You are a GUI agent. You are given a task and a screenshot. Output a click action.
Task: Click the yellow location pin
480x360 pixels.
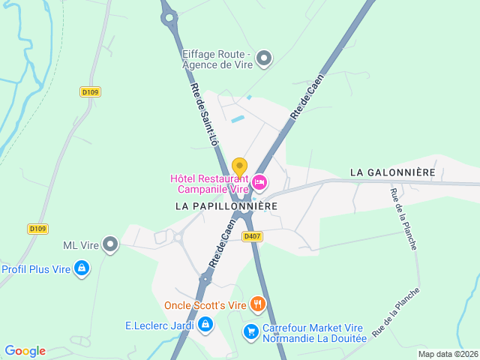pyautogui.click(x=239, y=166)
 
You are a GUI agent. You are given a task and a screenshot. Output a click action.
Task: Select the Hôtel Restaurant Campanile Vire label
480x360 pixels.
pyautogui.click(x=210, y=184)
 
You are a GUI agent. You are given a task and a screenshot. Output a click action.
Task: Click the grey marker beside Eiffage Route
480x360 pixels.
pyautogui.click(x=263, y=57)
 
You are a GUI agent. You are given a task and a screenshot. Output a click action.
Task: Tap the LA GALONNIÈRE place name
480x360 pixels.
pyautogui.click(x=392, y=172)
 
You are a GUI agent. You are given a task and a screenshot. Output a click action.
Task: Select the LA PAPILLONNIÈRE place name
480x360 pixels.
pyautogui.click(x=226, y=205)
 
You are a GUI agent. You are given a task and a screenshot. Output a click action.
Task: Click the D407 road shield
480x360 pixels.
pyautogui.click(x=252, y=236)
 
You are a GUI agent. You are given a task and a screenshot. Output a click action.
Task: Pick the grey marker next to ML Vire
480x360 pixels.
pyautogui.click(x=111, y=244)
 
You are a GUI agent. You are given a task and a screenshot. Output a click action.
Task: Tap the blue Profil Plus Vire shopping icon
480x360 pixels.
pyautogui.click(x=82, y=268)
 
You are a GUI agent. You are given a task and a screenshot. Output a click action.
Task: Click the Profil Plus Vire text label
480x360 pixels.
pyautogui.click(x=35, y=268)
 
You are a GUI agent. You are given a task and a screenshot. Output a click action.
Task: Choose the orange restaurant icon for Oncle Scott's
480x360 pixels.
pyautogui.click(x=258, y=304)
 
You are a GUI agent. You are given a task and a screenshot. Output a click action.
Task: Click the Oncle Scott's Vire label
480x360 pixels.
pyautogui.click(x=205, y=305)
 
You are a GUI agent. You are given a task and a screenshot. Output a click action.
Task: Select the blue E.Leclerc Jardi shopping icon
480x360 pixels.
pyautogui.click(x=206, y=325)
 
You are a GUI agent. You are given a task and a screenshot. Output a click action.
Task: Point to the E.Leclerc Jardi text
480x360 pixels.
pyautogui.click(x=160, y=325)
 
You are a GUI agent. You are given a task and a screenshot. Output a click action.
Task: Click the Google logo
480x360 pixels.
pyautogui.click(x=25, y=351)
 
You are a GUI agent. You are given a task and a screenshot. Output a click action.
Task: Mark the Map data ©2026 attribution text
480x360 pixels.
pyautogui.click(x=448, y=354)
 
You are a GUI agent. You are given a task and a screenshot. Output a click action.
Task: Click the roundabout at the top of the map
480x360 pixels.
pyautogui.click(x=169, y=15)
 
